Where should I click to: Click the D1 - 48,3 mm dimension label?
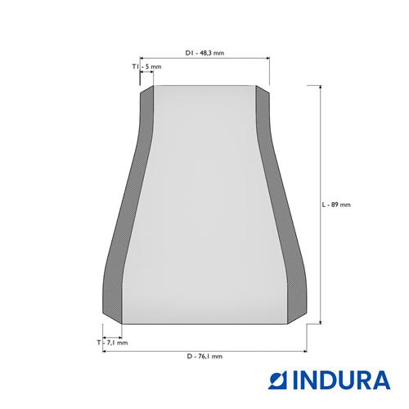coord(204,53)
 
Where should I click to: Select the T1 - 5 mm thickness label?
coord(146,66)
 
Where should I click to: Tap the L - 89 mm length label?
coord(336,204)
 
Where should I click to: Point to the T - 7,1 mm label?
coord(112,343)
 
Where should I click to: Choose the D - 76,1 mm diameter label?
coord(204,356)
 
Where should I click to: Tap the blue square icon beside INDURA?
coord(279,380)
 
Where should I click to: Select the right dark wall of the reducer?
coord(281,204)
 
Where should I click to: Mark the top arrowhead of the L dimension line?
coord(321,87)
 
